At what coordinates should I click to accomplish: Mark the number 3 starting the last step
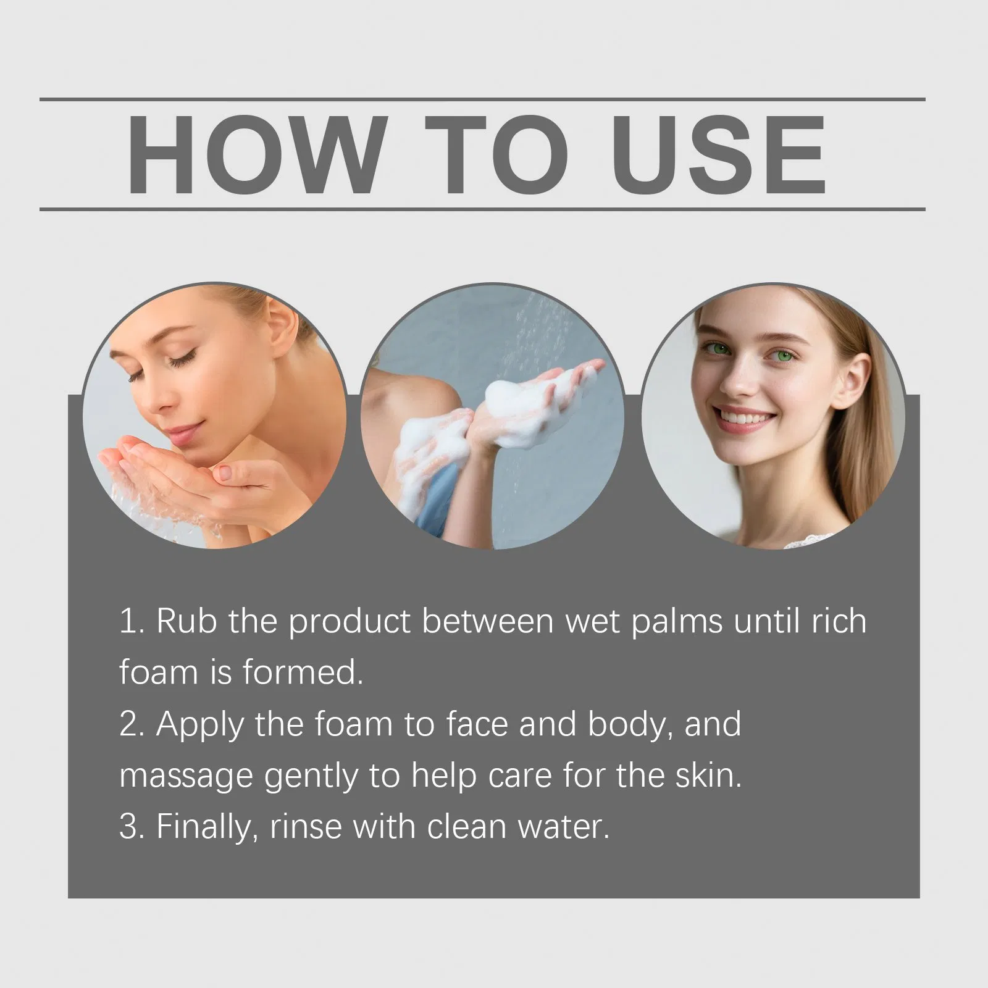click(x=130, y=827)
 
